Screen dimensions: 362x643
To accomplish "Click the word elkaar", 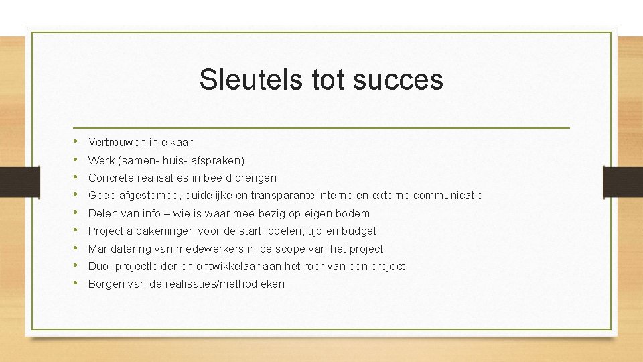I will coord(176,142).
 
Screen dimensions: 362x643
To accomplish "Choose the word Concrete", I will coord(111,178).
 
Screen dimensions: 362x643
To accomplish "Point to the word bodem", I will coord(354,213).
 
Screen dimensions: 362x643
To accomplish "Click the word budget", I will coord(359,231).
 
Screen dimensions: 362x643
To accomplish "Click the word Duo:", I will coord(100,266).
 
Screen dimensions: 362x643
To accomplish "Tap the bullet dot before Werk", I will coord(78,160).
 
